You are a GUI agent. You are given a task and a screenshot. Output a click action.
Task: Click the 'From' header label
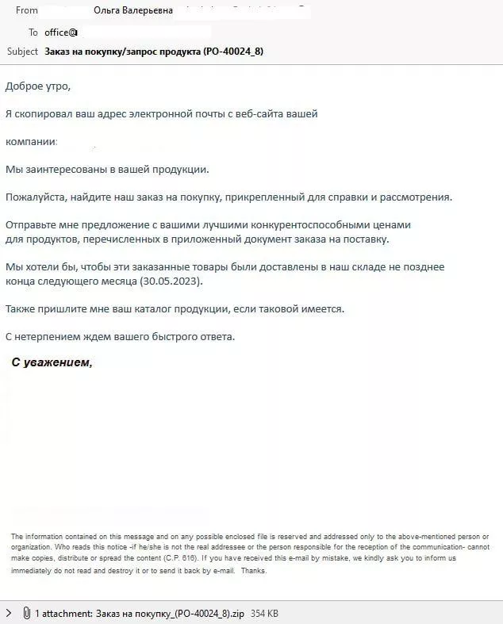(x=27, y=10)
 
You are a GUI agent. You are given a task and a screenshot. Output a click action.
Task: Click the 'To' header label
(x=33, y=33)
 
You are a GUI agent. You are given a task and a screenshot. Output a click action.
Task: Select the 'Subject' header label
(x=22, y=52)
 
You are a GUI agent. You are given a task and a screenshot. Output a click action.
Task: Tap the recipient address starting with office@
(x=61, y=33)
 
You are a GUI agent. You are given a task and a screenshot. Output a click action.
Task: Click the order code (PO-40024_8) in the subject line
(x=233, y=52)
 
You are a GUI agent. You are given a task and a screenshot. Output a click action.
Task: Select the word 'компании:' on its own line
(x=32, y=141)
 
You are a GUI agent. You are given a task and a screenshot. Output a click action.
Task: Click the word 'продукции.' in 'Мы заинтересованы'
(x=182, y=169)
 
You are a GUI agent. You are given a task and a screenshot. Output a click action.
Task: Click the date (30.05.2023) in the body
(x=171, y=281)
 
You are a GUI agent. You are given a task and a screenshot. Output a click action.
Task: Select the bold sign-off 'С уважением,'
(x=52, y=362)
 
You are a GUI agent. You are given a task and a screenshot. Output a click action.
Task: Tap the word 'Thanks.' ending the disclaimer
(x=254, y=569)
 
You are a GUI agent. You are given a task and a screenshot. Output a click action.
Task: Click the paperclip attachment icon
(x=26, y=613)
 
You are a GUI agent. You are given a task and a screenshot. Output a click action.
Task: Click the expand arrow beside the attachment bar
(x=9, y=613)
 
